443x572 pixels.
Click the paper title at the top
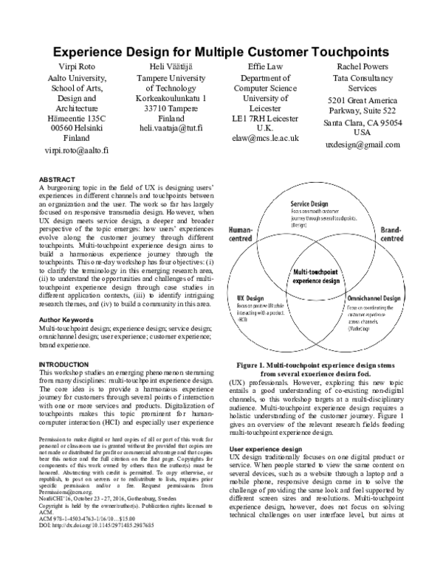[221, 52]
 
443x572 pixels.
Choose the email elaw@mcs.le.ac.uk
[264, 137]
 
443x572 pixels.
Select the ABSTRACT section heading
[57, 179]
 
